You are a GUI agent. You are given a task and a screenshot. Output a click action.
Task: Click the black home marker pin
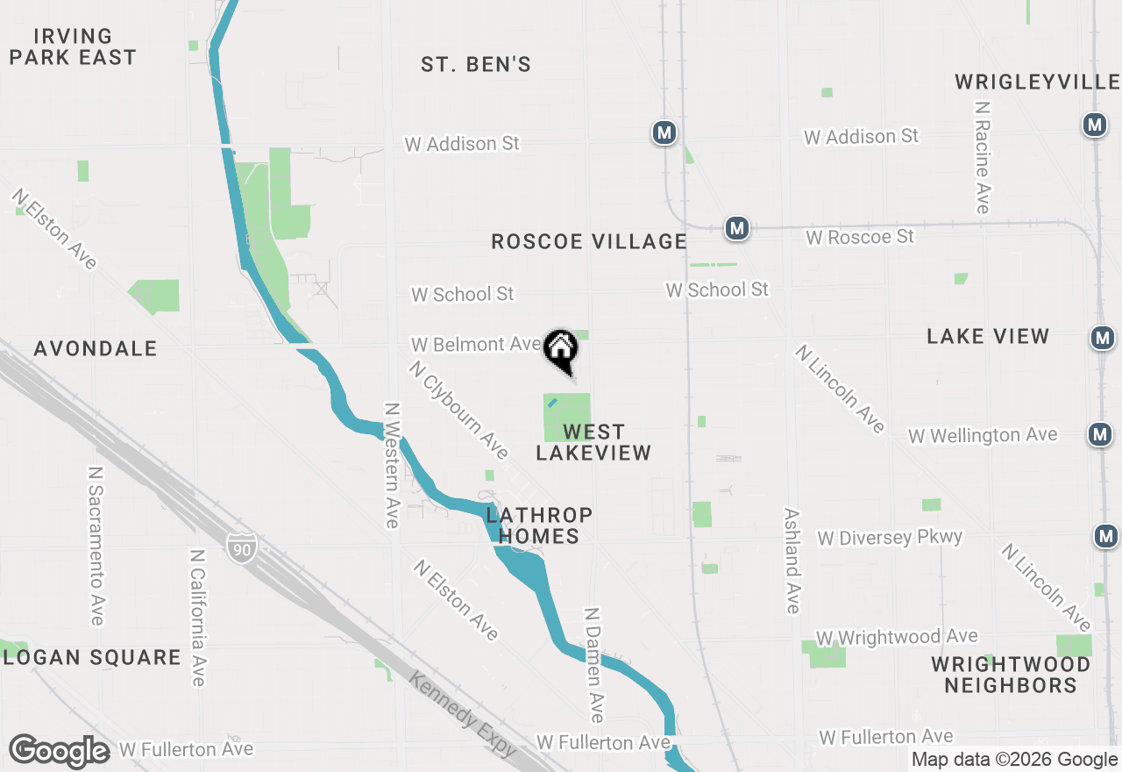[x=561, y=350]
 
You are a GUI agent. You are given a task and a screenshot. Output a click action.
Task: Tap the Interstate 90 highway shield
[x=241, y=546]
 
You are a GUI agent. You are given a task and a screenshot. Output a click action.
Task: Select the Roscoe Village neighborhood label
[x=588, y=241]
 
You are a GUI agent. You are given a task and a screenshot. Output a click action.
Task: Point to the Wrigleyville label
[x=1037, y=82]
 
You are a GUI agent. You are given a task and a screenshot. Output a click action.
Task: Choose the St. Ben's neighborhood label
[x=476, y=65]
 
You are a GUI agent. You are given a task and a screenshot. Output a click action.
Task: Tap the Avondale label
[x=96, y=348]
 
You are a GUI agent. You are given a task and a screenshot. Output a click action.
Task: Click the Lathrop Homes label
[x=533, y=525]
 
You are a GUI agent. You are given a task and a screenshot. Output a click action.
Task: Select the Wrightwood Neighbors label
[x=1011, y=674]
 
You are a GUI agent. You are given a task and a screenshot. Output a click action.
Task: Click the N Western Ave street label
[x=392, y=466]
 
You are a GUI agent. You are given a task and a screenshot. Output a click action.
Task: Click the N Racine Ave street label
[x=983, y=157]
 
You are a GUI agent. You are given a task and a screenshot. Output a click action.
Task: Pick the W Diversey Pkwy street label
[x=890, y=538]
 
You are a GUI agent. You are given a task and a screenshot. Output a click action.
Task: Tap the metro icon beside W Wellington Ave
[x=1100, y=433]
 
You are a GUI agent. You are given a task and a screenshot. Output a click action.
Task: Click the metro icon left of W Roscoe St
[x=737, y=229]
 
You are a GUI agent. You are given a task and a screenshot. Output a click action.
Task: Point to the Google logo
[x=59, y=751]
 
